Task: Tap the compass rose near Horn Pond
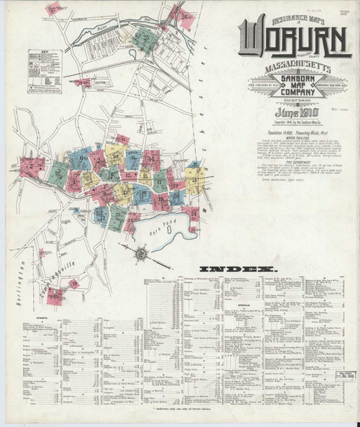click(x=143, y=253)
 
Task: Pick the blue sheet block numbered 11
click(x=134, y=158)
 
